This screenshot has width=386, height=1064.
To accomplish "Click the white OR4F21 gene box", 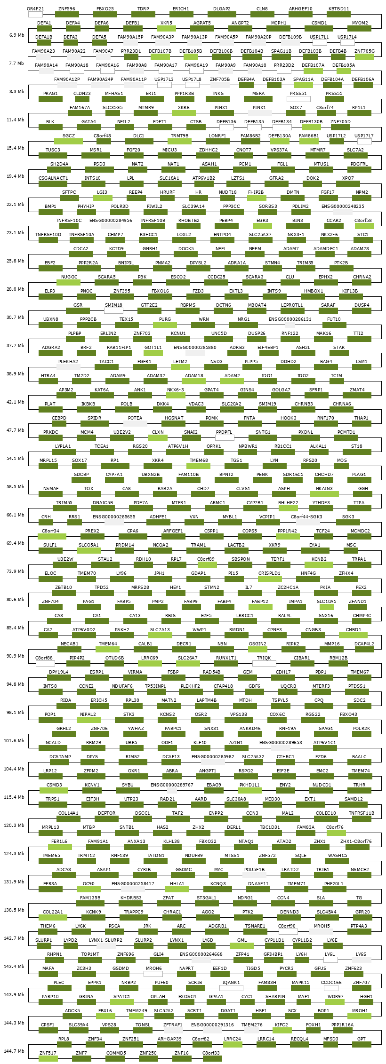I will click(x=35, y=15).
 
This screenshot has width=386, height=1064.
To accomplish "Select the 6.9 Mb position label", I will click(x=16, y=35).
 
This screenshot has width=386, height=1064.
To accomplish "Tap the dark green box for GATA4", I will click(x=88, y=127).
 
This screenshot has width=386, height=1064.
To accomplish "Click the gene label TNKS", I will click(x=217, y=94).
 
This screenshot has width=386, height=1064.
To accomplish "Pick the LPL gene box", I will click(x=131, y=184).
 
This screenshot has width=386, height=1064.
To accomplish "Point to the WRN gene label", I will click(x=203, y=319).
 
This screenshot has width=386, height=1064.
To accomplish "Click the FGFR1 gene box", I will click(x=145, y=367).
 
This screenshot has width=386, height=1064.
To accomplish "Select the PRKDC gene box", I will click(x=50, y=438).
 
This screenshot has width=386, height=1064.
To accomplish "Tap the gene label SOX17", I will click(x=80, y=461).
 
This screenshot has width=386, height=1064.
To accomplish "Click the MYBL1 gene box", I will click(x=230, y=523).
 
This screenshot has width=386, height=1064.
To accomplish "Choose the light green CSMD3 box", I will click(x=54, y=791).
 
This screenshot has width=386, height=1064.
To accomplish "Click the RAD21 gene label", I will click(x=168, y=799).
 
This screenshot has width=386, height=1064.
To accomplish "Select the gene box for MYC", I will click(x=219, y=875).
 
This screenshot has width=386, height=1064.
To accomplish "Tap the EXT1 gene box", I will click(x=310, y=805).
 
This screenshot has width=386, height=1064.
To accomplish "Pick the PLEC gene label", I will click(x=59, y=983).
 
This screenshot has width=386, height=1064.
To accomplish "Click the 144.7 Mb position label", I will click(x=15, y=1051).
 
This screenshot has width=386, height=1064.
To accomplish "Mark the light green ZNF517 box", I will click(x=48, y=1059).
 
